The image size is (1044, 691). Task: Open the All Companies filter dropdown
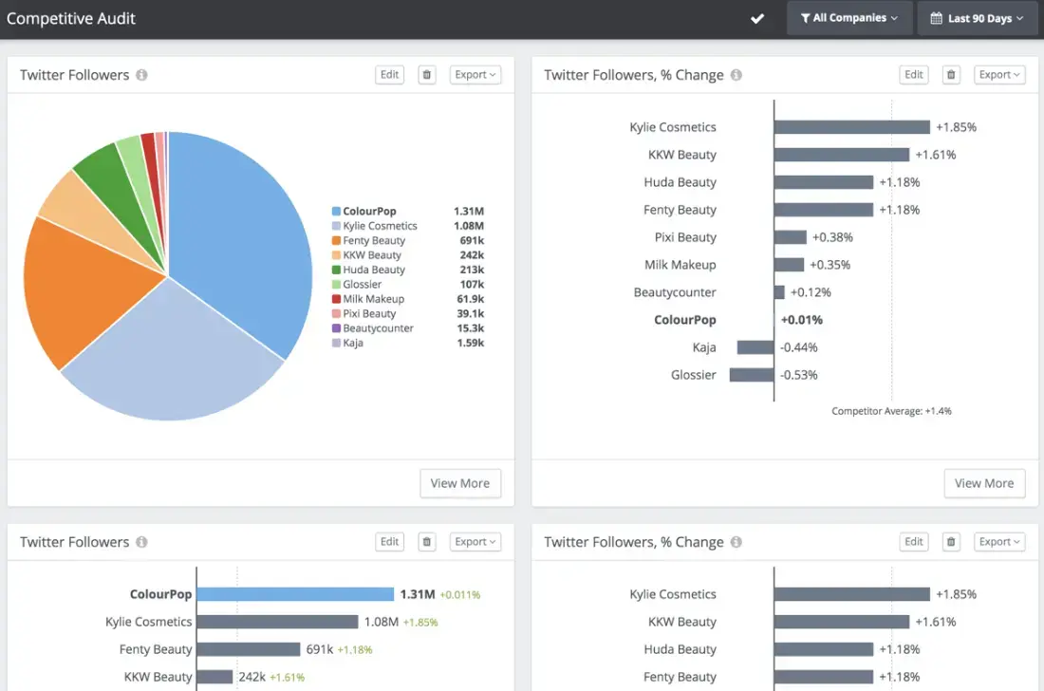848,18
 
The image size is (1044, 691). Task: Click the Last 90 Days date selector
977,18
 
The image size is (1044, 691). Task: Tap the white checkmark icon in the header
757,19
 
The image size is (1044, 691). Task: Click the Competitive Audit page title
71,18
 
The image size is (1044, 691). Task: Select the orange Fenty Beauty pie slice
85,285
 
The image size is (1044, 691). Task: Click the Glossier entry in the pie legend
362,284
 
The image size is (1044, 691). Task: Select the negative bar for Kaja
755,347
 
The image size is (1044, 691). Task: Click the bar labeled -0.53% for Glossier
752,375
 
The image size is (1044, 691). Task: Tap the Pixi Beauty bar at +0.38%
790,237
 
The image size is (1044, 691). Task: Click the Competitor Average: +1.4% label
891,411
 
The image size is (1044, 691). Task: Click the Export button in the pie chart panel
475,75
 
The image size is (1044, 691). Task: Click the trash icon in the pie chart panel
427,75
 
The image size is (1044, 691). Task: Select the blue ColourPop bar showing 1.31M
295,594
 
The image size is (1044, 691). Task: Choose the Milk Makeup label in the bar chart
680,265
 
